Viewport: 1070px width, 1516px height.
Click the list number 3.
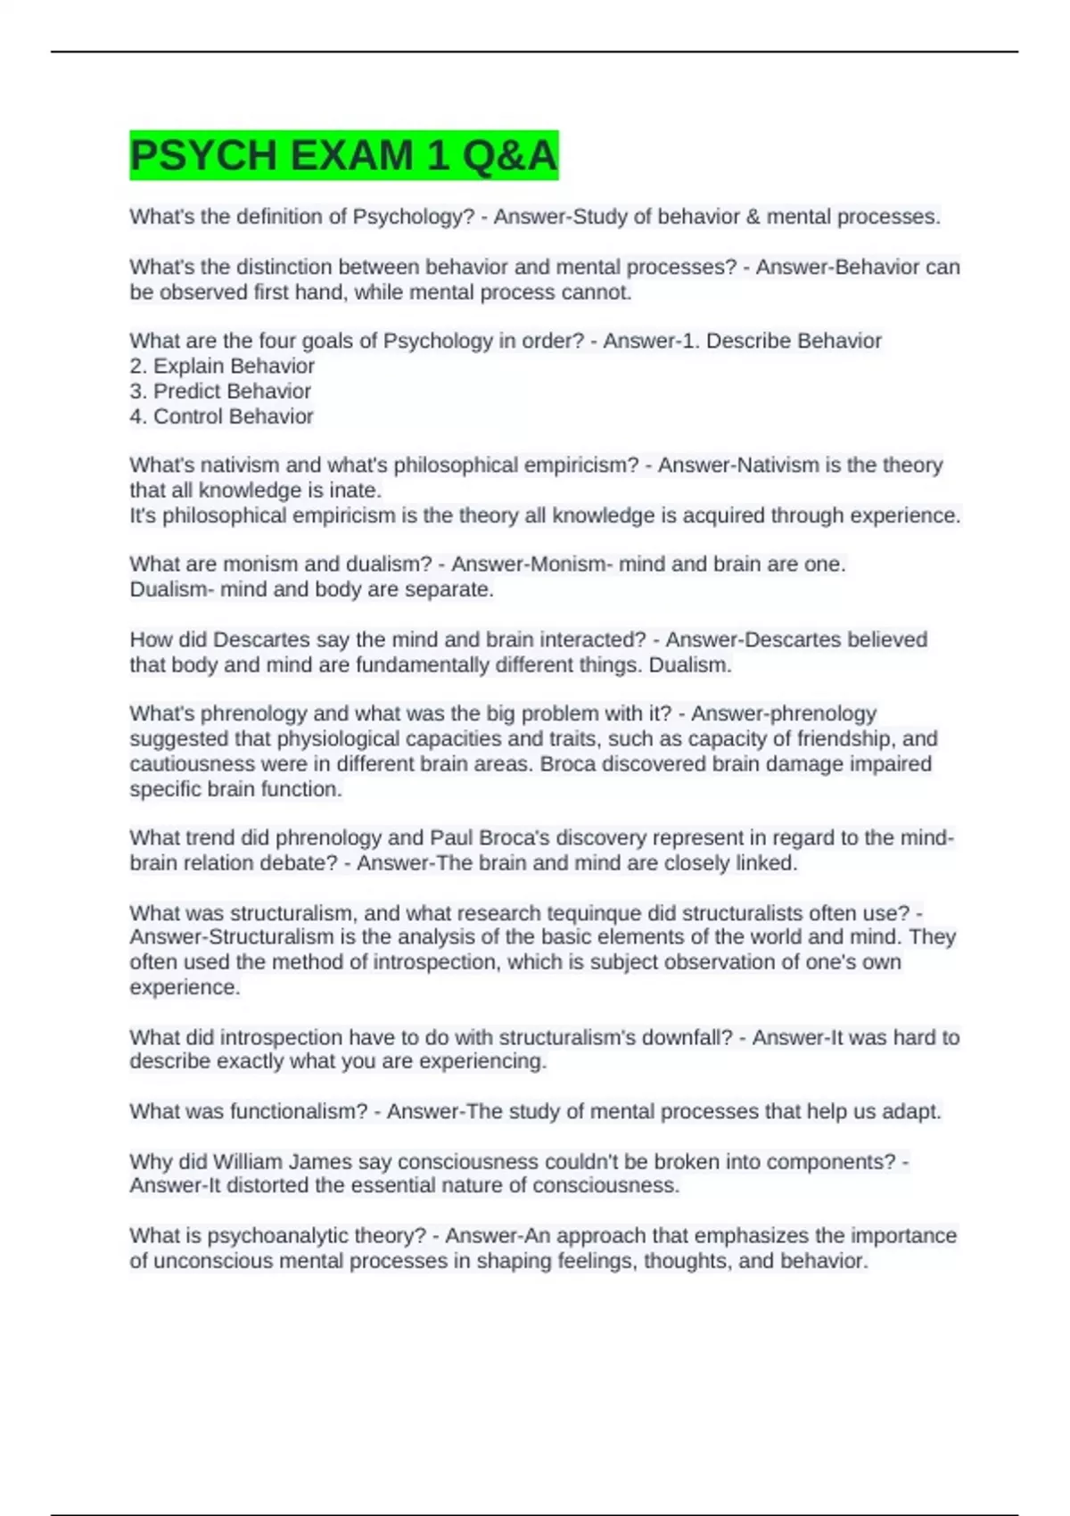[136, 391]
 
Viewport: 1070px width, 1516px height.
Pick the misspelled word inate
[357, 490]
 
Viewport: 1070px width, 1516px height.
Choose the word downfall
[687, 1037]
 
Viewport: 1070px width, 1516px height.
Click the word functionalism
[299, 1111]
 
